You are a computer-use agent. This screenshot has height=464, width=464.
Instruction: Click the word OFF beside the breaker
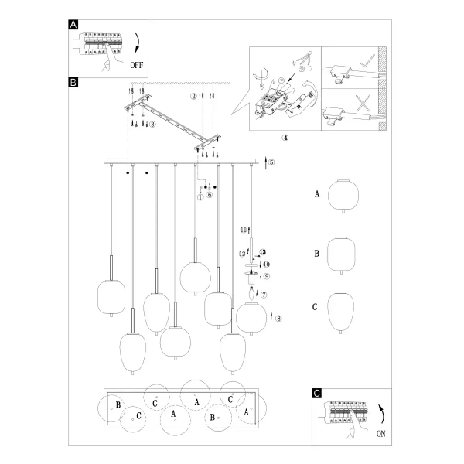click(136, 65)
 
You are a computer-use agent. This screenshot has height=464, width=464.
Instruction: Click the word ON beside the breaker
click(380, 435)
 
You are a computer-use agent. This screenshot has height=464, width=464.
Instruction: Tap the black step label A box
click(73, 24)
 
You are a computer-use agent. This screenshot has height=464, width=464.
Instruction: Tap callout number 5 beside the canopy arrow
click(271, 162)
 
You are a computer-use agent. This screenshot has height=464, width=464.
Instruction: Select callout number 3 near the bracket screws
click(152, 124)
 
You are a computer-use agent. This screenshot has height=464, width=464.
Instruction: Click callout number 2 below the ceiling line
click(193, 97)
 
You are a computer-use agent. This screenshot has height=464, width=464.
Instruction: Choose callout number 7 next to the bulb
click(264, 295)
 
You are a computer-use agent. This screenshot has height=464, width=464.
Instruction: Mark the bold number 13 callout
click(262, 252)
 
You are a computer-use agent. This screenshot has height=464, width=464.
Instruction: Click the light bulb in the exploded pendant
click(252, 293)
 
